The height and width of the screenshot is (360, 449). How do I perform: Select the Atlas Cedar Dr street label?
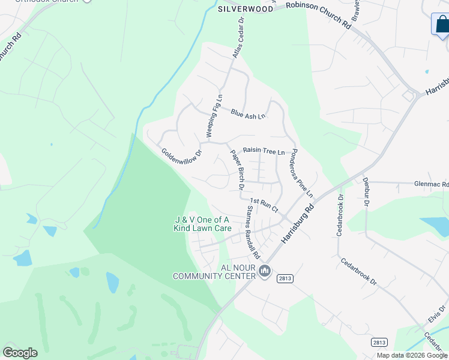(238, 37)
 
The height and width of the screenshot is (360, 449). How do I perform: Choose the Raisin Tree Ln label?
(263, 151)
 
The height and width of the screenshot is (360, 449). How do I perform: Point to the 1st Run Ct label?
(264, 205)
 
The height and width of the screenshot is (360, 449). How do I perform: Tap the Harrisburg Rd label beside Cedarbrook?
(298, 225)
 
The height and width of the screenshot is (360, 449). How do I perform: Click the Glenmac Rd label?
(431, 185)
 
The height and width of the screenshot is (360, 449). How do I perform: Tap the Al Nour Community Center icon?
(265, 272)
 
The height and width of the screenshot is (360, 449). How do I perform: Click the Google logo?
(20, 353)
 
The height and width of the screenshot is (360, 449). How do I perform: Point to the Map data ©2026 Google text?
(412, 355)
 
